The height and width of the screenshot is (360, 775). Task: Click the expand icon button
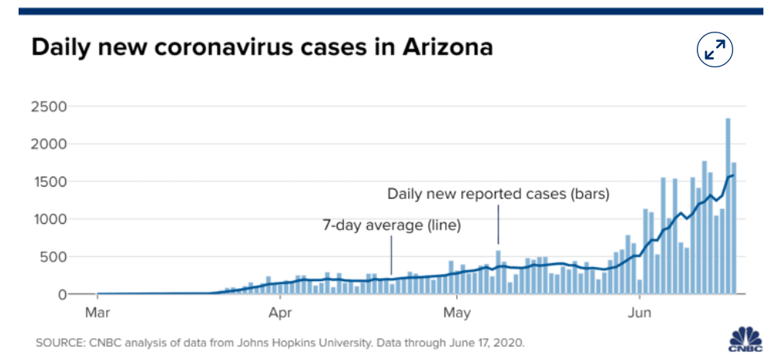coord(715,50)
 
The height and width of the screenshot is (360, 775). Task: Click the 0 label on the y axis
coord(62,295)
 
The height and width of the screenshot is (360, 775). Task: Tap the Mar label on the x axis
coord(97,314)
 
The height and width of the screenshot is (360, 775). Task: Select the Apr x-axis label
coord(279,314)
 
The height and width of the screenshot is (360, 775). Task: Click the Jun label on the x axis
coord(640,314)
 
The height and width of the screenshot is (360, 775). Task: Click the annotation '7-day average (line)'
coord(391,226)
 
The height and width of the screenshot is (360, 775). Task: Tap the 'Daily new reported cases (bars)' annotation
coord(499,194)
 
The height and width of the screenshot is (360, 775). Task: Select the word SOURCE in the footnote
coord(60,341)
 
